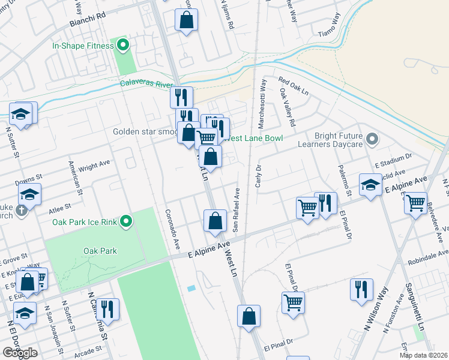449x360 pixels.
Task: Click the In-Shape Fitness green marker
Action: (x=124, y=44)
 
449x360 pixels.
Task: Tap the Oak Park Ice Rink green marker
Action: (x=125, y=222)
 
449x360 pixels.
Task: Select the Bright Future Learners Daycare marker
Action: (x=372, y=140)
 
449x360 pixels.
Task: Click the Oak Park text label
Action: (x=100, y=251)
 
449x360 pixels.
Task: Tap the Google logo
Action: (x=20, y=353)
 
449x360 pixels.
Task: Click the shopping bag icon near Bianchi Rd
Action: (x=187, y=20)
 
